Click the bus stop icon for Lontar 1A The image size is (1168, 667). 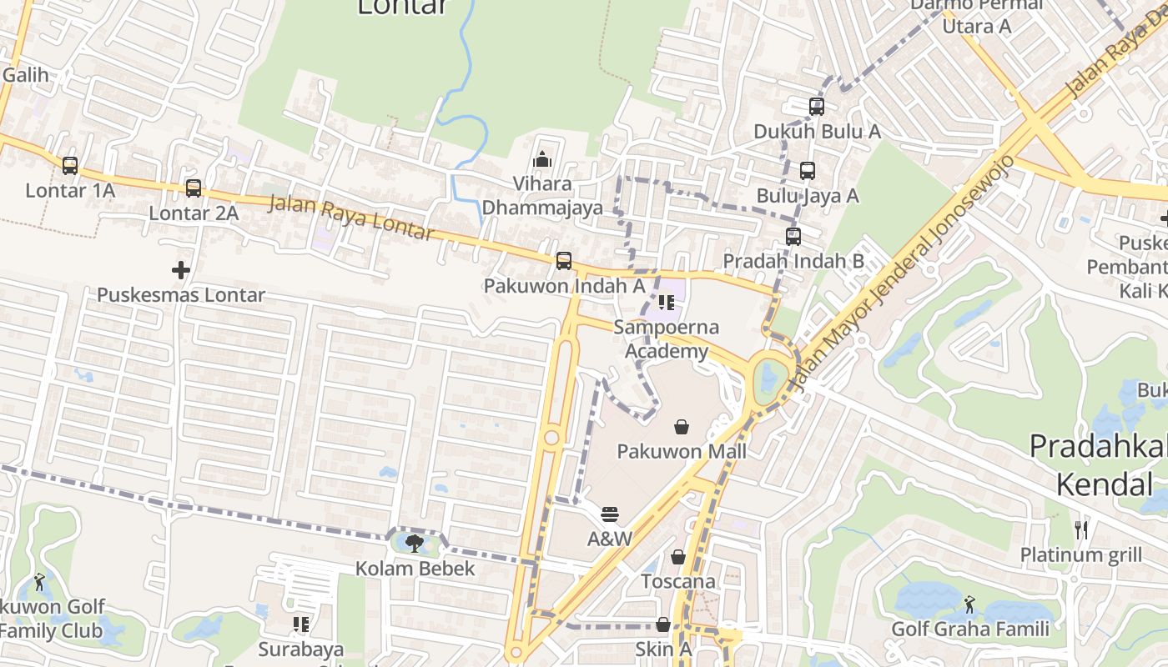[70, 166]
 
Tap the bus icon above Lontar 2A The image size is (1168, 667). [194, 188]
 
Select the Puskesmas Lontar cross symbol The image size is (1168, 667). [180, 270]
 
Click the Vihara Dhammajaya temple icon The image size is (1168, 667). [542, 158]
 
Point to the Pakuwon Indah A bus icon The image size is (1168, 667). [564, 261]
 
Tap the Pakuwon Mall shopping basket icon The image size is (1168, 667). [682, 427]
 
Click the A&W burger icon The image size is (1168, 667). [610, 514]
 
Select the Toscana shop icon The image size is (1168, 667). [678, 556]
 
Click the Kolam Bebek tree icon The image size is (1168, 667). [415, 544]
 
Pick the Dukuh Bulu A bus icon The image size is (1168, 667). [817, 107]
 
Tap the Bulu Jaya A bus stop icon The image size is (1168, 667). [807, 171]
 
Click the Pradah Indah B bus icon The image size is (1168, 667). [793, 237]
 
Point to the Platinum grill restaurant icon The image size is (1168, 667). [1081, 529]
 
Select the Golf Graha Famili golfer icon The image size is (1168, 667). [969, 604]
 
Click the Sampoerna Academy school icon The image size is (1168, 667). [666, 302]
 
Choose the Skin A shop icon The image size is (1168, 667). [663, 624]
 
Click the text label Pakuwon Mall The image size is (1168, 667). [682, 452]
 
